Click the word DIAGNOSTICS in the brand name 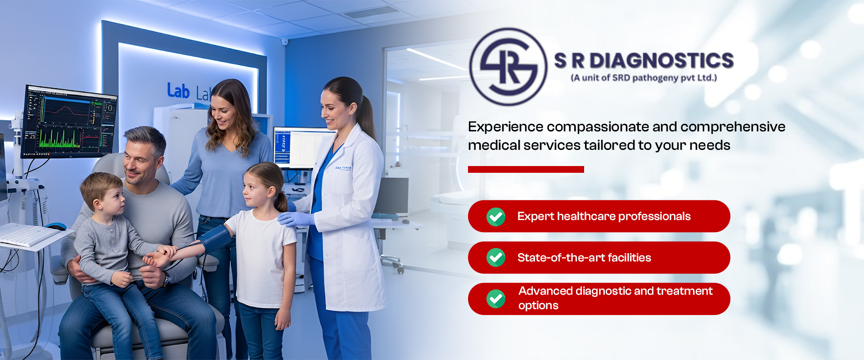661,61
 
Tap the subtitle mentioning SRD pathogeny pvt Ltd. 643,78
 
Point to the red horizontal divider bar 526,169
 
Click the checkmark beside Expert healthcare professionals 496,216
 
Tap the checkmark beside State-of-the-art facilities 496,257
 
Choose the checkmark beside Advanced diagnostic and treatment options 496,298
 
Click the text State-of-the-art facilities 584,257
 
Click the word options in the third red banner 538,306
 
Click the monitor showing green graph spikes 70,121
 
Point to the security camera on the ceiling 284,42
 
